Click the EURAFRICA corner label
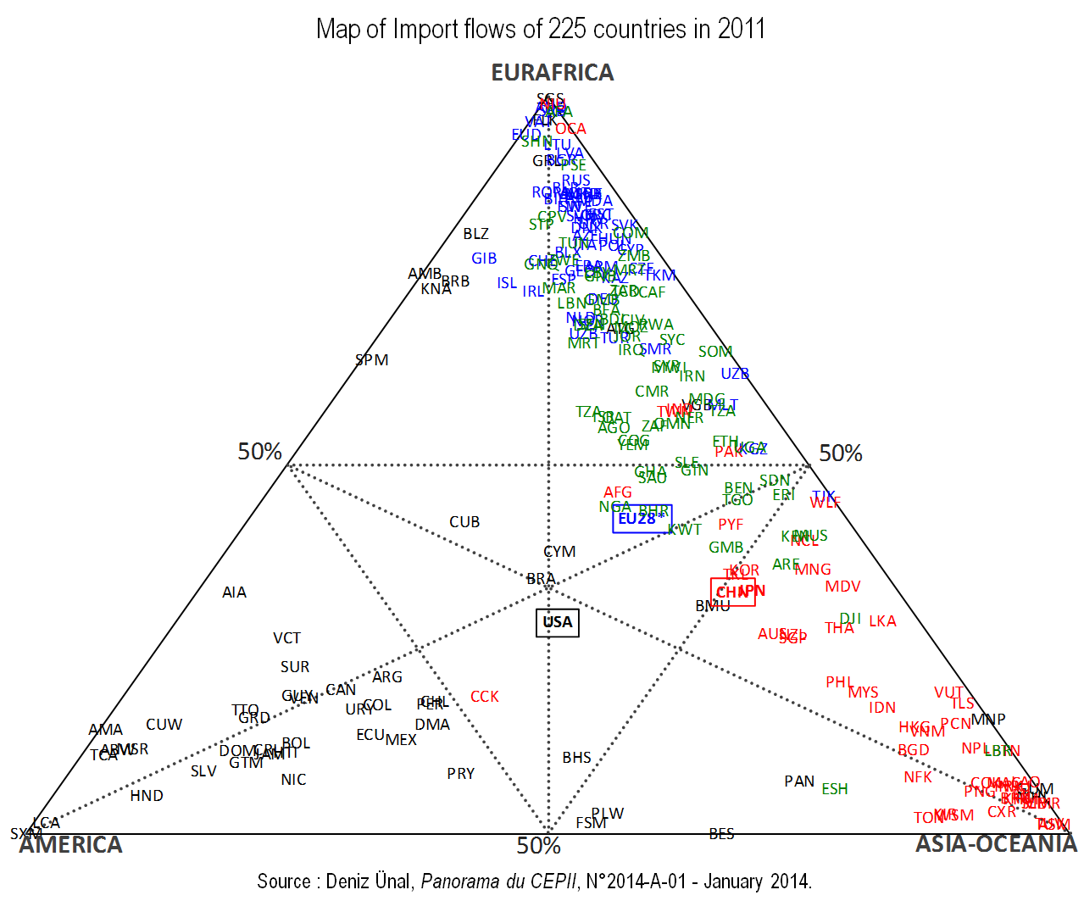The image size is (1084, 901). pos(553,73)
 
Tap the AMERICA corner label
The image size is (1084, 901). pos(71,845)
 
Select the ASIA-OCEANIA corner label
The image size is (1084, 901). pos(996,844)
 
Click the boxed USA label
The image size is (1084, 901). pos(558,622)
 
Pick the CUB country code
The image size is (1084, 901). pos(464,522)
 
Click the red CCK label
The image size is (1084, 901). pos(485,697)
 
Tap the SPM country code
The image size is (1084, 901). pos(371,360)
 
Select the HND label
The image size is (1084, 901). pos(147,796)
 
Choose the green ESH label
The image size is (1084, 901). pos(835,789)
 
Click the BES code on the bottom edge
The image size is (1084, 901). pos(722,834)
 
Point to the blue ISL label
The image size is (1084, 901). pos(507,283)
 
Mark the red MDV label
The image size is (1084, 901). pos(842,587)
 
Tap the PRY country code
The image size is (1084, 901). pos(461,774)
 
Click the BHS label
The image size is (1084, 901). pos(577,758)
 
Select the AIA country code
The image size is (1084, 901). pos(235,592)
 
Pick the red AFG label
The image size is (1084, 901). pos(618,492)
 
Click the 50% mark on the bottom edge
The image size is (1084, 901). pos(539,846)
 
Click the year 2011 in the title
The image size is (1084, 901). pos(741,30)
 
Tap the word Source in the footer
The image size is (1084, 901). pos(284,882)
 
